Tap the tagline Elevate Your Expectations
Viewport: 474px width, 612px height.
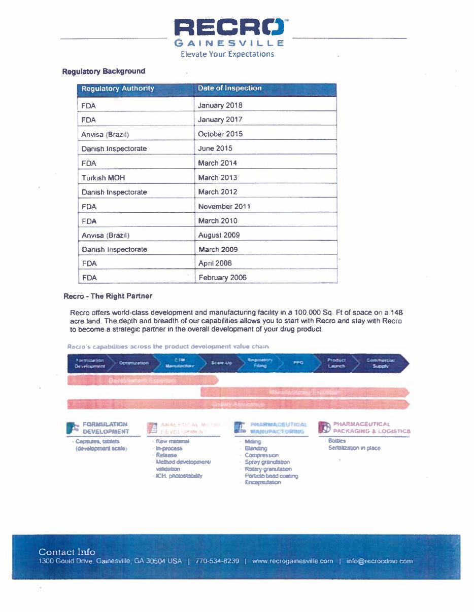click(227, 54)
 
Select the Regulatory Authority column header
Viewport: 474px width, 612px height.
click(118, 89)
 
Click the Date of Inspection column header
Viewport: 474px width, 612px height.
click(230, 88)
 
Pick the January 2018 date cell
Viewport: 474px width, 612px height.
click(220, 105)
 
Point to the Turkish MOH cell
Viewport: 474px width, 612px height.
click(103, 178)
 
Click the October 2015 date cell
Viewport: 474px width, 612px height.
click(220, 134)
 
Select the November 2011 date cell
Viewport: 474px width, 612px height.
click(224, 207)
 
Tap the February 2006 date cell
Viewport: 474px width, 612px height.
click(222, 278)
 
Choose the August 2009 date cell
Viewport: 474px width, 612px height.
click(219, 235)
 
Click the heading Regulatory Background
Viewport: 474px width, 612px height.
click(104, 71)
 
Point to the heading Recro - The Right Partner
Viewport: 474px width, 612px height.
click(108, 296)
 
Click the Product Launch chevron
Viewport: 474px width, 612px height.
click(336, 363)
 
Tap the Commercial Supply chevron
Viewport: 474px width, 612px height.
click(381, 363)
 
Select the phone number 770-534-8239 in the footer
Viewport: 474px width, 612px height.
click(217, 561)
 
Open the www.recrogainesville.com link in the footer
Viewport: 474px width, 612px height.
click(292, 561)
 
